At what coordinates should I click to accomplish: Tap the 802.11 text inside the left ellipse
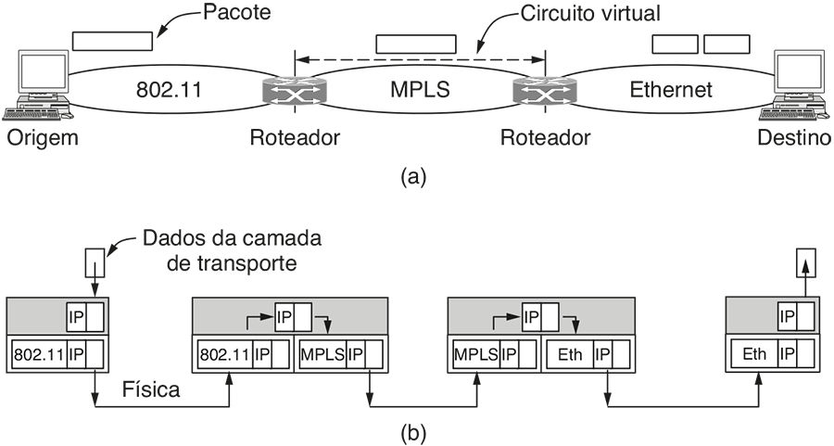pos(169,90)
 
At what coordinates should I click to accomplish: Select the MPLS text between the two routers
pos(416,90)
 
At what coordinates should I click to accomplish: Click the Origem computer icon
pos(35,88)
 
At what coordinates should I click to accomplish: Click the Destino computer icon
pos(795,88)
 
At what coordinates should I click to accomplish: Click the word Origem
pos(40,139)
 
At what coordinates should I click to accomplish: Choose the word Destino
pos(793,139)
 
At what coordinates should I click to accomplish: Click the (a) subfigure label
pos(413,176)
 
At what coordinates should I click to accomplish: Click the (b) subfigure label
pos(413,432)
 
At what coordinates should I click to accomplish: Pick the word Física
pos(151,390)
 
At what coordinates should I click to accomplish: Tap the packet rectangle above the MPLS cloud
pos(416,45)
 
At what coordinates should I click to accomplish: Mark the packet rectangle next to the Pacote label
pos(111,42)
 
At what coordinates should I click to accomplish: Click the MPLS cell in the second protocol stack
pos(321,353)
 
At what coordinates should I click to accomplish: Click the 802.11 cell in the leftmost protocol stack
pos(36,353)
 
